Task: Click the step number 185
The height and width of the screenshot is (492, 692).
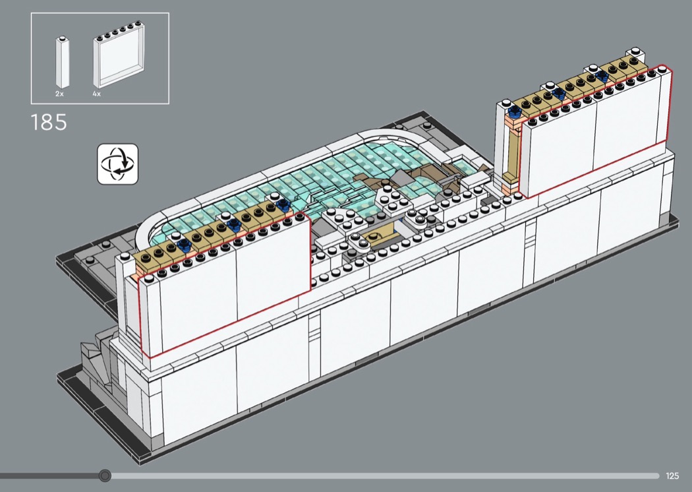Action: coord(49,122)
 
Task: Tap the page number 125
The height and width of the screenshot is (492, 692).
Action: coord(672,476)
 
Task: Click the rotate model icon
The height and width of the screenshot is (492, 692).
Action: coord(117,164)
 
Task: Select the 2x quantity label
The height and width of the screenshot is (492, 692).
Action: coord(59,94)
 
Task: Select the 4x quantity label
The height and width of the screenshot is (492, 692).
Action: coord(97,94)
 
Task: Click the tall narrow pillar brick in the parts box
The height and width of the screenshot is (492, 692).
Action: coord(62,62)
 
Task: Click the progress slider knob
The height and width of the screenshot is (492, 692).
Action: coord(105,476)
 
